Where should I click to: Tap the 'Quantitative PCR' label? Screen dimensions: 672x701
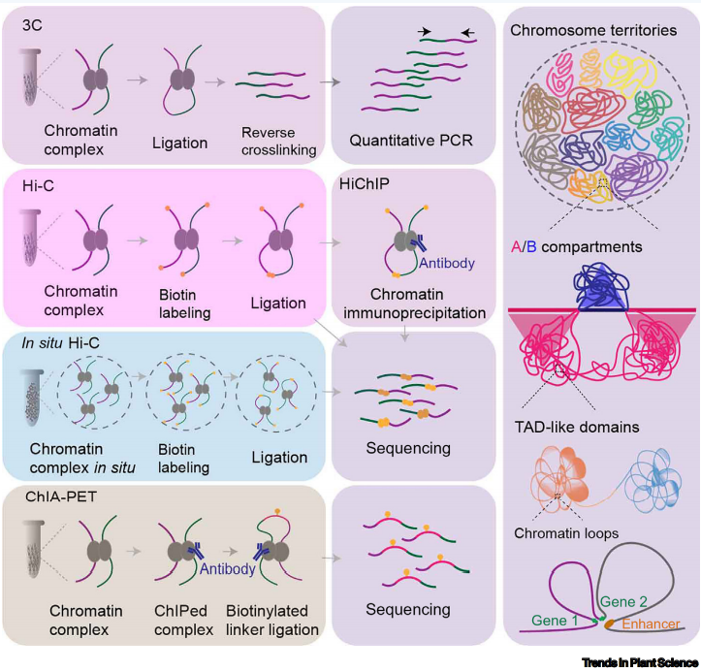pyautogui.click(x=413, y=140)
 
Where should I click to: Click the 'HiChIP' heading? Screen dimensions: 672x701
pyautogui.click(x=360, y=183)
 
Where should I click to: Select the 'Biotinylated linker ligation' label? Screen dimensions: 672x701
pyautogui.click(x=272, y=622)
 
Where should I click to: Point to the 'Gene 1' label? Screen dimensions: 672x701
pyautogui.click(x=556, y=620)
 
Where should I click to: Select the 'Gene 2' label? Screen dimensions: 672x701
pyautogui.click(x=623, y=602)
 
